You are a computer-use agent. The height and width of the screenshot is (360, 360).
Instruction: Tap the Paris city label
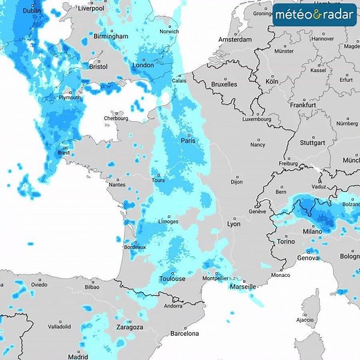[188, 141]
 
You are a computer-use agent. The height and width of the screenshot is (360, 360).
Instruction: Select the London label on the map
[143, 66]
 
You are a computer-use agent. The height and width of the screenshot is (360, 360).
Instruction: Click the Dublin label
[31, 11]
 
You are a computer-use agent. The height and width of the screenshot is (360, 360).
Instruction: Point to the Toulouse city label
[172, 278]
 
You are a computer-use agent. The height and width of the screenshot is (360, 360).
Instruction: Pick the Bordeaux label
[134, 247]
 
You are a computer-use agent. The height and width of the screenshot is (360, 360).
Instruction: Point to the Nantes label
[116, 185]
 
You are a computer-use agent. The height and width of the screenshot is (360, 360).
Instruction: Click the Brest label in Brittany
[64, 153]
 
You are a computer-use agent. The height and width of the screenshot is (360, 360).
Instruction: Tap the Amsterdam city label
[234, 40]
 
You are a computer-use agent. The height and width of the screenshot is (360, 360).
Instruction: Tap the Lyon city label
[233, 224]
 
